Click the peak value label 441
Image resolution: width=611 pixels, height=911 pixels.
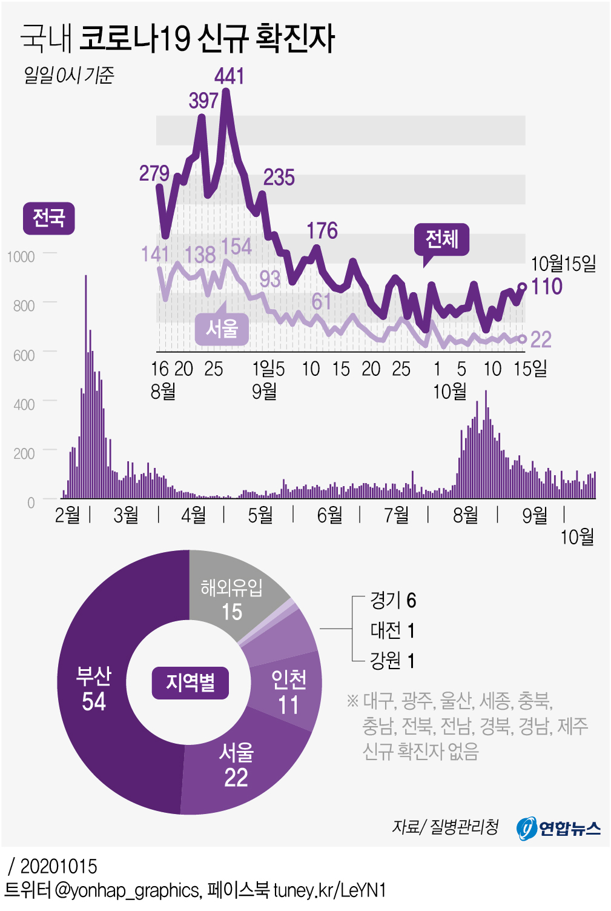tap(230, 76)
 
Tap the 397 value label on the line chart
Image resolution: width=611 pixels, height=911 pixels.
tap(203, 100)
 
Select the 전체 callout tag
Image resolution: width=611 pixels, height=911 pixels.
tap(441, 239)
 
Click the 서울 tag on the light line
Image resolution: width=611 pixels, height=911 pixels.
tap(222, 329)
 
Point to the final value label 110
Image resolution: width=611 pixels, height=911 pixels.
tap(547, 286)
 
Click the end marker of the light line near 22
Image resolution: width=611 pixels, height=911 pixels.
tap(523, 339)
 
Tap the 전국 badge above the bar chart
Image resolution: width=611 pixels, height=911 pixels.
tap(48, 218)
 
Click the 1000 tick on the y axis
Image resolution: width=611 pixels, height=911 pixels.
tap(21, 256)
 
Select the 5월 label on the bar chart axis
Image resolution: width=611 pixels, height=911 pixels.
tap(260, 515)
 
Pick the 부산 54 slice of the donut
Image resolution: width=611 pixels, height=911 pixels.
tap(94, 689)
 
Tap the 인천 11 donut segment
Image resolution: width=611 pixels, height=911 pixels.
tap(288, 692)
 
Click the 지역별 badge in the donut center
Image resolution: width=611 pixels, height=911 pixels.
tap(190, 682)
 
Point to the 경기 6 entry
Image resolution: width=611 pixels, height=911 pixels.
tap(393, 600)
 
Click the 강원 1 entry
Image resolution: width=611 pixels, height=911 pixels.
tap(393, 660)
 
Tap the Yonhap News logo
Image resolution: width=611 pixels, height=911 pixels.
tap(558, 827)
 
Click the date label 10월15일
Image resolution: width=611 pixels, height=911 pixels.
tap(563, 264)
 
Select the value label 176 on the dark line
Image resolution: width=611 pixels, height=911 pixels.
tap(322, 230)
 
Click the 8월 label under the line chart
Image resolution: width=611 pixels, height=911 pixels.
tap(163, 391)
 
